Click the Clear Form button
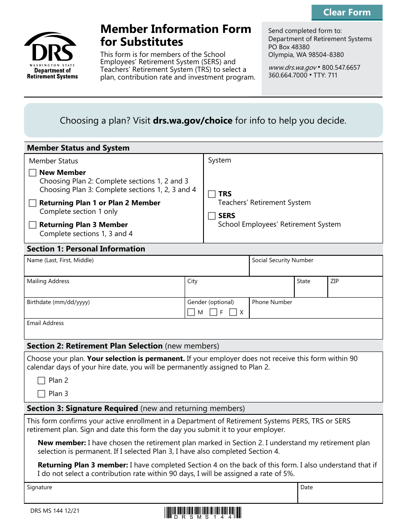click(x=347, y=12)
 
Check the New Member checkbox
click(x=33, y=173)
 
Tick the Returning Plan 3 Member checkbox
click(x=33, y=225)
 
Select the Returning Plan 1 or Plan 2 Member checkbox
click(x=33, y=203)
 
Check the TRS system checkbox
click(x=212, y=194)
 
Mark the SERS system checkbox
click(x=212, y=216)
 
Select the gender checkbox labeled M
click(x=192, y=313)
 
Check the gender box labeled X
click(x=233, y=313)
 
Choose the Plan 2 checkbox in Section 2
click(x=42, y=381)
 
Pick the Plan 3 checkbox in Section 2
click(x=42, y=394)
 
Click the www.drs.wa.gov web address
click(x=292, y=68)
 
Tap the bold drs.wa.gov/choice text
click(x=192, y=121)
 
